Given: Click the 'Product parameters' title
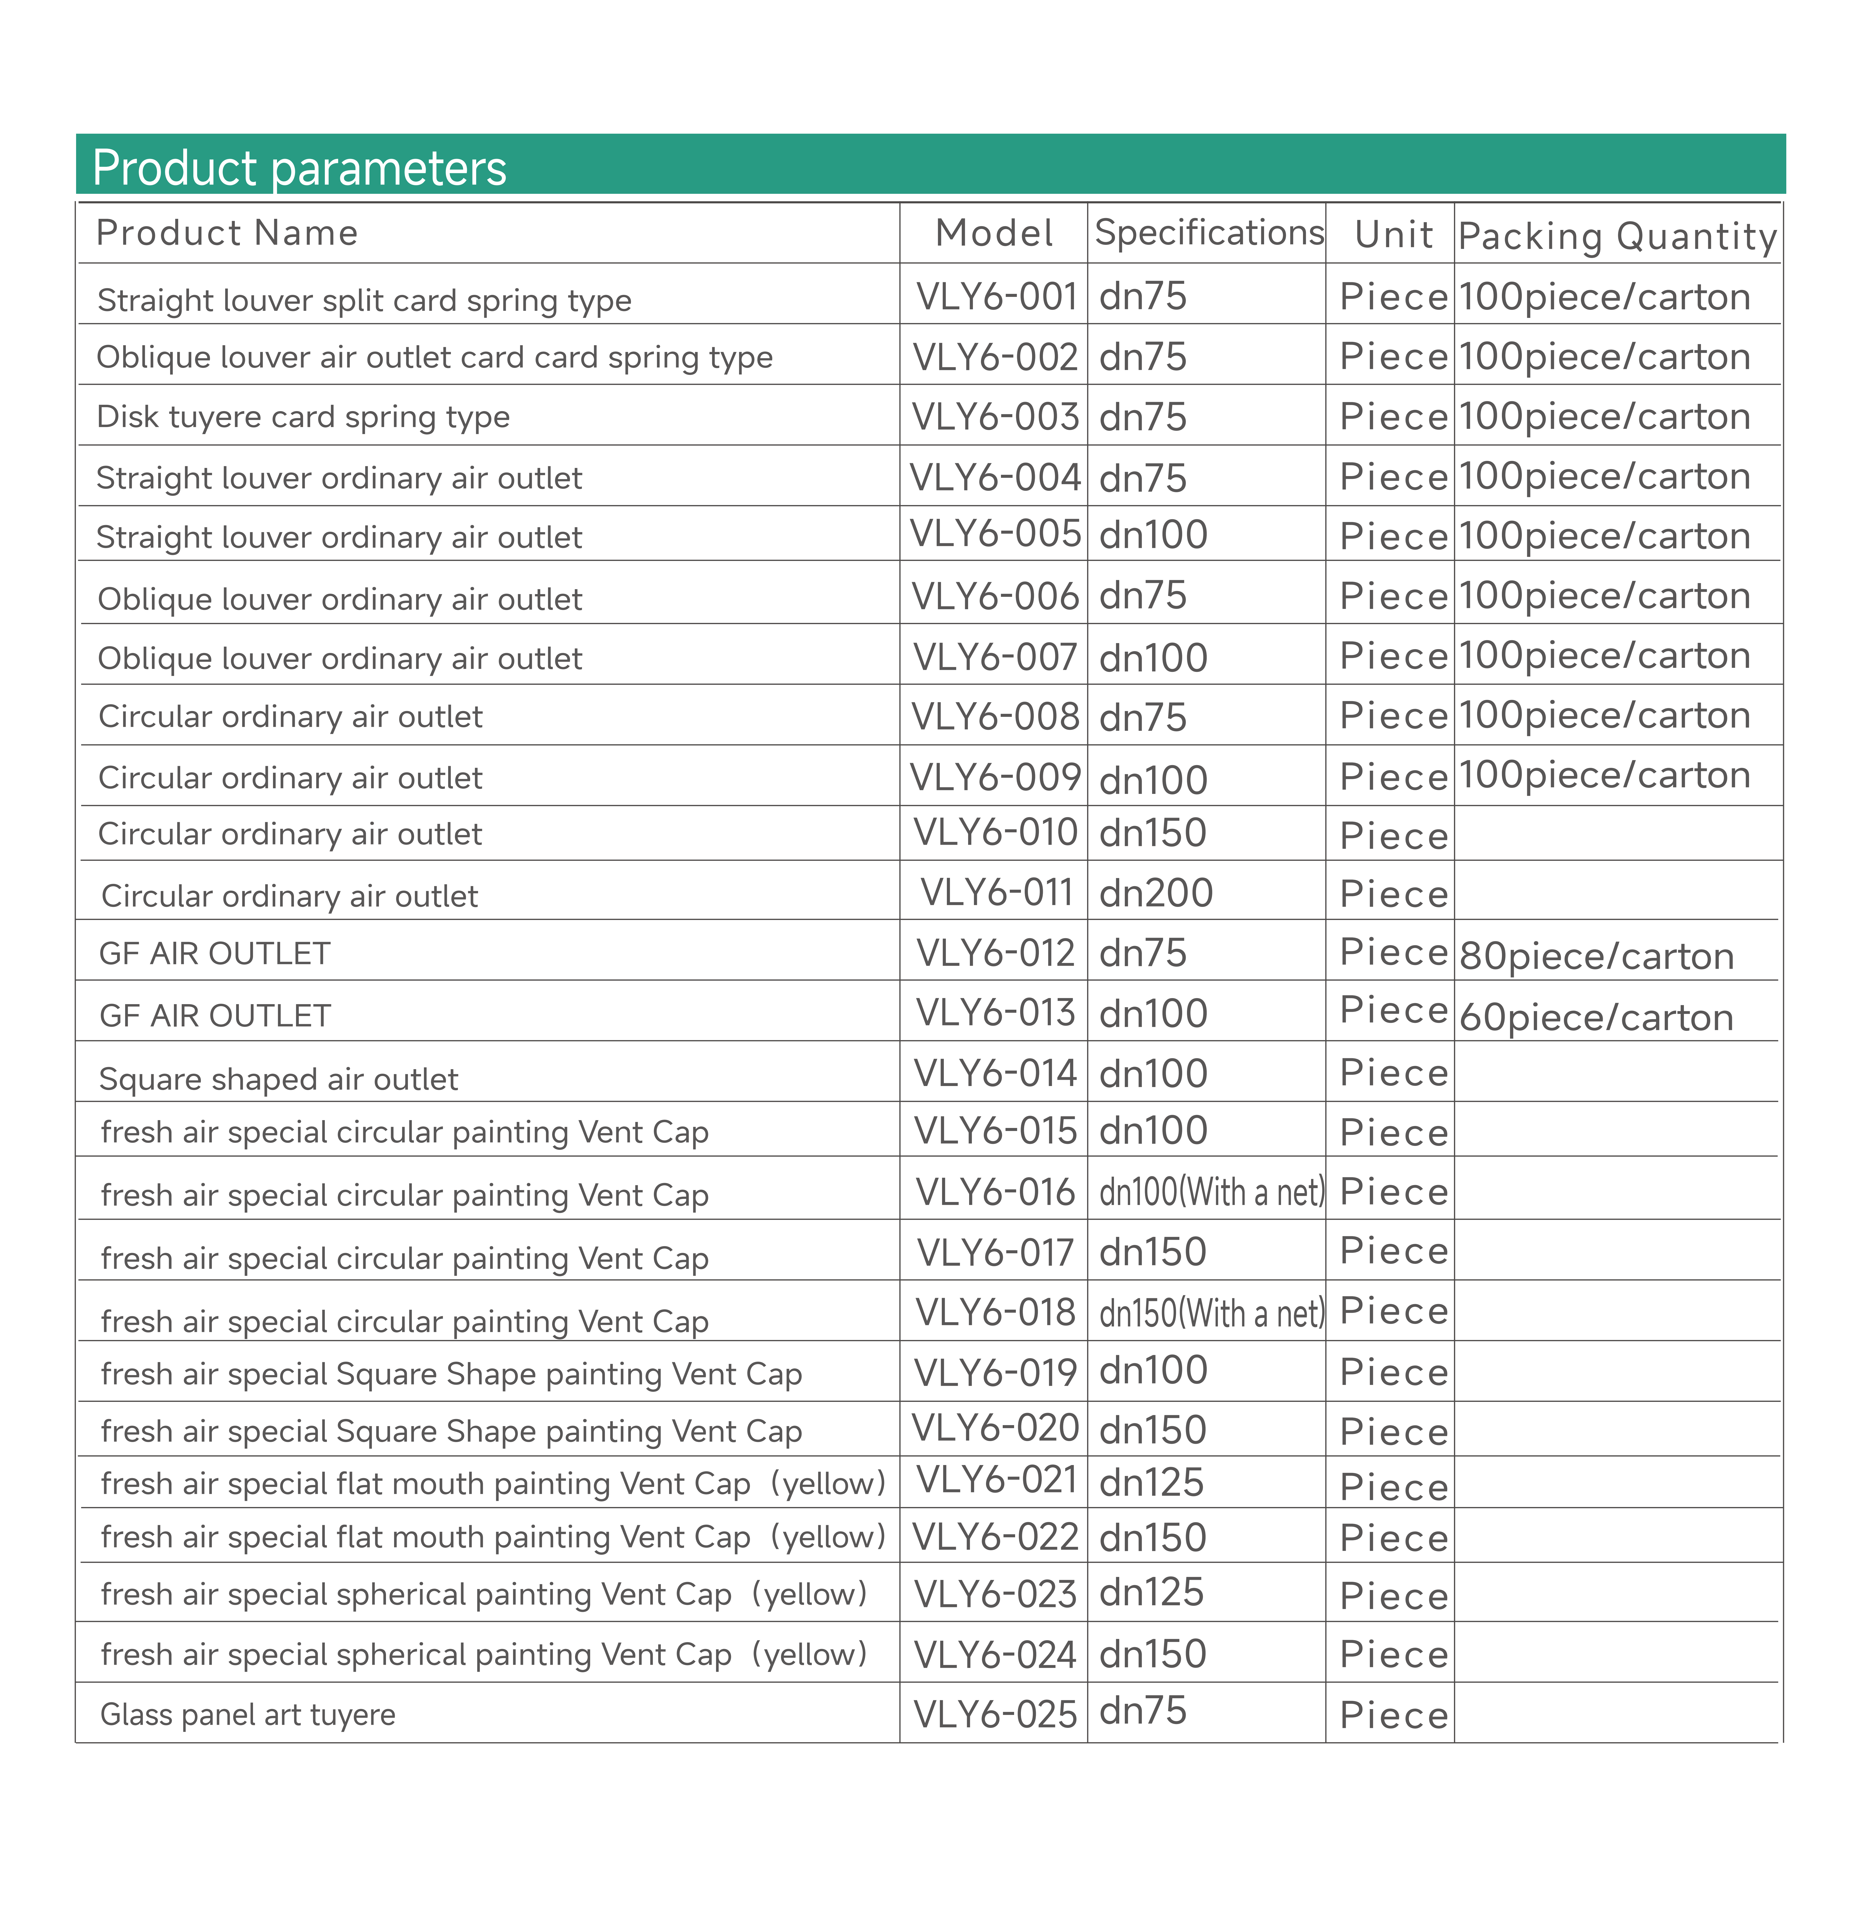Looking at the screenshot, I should pyautogui.click(x=299, y=168).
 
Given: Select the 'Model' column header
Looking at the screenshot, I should pyautogui.click(x=993, y=234).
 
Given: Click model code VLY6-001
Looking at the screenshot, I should pyautogui.click(x=995, y=296).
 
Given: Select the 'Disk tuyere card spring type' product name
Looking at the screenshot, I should pyautogui.click(x=303, y=417).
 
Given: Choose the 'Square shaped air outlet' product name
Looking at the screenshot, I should pyautogui.click(x=279, y=1079).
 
